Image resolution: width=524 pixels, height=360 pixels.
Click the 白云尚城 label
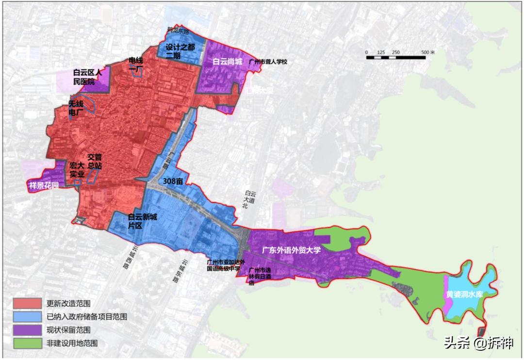[x=227, y=62]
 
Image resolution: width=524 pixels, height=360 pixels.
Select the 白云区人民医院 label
[x=89, y=77]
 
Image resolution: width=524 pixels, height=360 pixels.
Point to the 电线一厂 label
[x=136, y=64]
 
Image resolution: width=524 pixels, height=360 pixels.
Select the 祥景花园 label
[x=44, y=185]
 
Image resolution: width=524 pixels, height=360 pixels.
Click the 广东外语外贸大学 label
[x=292, y=250]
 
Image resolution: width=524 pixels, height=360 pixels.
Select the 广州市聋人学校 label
[x=268, y=62]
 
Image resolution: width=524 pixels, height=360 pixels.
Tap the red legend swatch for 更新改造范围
[x=27, y=304]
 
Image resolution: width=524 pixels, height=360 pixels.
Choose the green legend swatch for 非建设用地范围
[x=27, y=343]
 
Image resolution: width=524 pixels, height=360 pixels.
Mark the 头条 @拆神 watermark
[x=478, y=343]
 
